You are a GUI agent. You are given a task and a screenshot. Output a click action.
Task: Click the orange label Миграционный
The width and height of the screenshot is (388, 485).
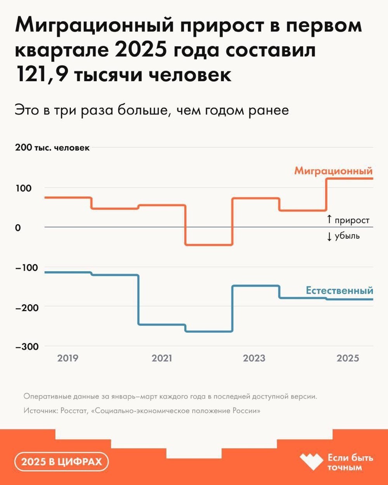[x=333, y=171]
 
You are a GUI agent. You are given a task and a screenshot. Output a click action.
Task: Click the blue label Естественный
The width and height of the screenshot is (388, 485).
[x=339, y=291]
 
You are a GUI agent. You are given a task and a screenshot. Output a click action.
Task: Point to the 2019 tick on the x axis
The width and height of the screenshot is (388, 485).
[x=68, y=358]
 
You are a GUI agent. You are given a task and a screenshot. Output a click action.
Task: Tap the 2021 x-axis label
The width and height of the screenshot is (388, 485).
[x=162, y=358]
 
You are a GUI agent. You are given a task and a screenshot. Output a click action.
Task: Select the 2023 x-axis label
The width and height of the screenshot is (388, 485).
[x=254, y=358]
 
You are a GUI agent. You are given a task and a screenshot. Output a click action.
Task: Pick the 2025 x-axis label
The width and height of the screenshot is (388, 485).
[x=348, y=358]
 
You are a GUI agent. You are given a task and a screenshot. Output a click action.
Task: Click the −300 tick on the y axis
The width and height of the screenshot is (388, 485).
[x=27, y=347]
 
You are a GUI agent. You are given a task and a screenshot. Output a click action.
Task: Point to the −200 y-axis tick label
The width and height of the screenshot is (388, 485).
[x=27, y=307]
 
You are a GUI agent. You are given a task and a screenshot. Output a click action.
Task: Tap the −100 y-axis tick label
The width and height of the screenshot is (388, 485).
[x=27, y=268]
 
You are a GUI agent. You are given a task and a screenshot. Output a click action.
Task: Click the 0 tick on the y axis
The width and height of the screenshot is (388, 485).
[x=18, y=228]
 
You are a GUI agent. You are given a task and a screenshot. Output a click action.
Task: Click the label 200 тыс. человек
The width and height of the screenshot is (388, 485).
[x=52, y=148]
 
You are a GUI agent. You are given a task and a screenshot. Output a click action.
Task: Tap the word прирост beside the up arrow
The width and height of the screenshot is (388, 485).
[x=352, y=220]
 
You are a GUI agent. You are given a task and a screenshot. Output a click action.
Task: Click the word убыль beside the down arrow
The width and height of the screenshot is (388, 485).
[x=347, y=236]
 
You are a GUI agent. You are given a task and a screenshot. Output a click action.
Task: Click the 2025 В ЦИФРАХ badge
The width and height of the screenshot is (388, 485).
[x=61, y=462]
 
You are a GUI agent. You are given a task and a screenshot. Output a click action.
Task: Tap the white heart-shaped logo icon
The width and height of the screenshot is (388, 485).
[x=311, y=462]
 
